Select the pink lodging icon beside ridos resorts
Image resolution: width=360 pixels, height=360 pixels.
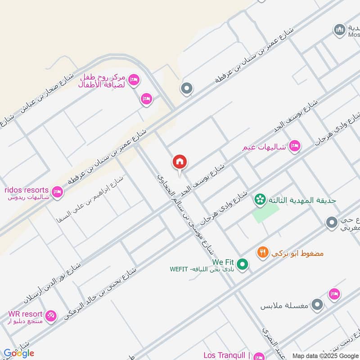(x=57, y=192)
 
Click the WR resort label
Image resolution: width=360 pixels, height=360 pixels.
(x=25, y=314)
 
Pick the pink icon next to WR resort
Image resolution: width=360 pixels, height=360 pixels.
(x=51, y=316)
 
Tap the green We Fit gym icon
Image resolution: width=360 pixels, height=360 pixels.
(x=243, y=264)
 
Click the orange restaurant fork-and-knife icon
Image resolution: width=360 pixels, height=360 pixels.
(x=263, y=253)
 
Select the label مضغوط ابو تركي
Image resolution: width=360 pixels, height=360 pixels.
(x=297, y=253)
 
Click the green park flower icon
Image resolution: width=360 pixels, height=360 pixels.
(x=260, y=198)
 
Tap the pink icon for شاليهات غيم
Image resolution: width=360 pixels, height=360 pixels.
(x=295, y=146)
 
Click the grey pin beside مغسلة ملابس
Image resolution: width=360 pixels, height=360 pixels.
(x=318, y=305)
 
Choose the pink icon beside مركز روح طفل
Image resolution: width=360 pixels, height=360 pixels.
(x=134, y=81)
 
